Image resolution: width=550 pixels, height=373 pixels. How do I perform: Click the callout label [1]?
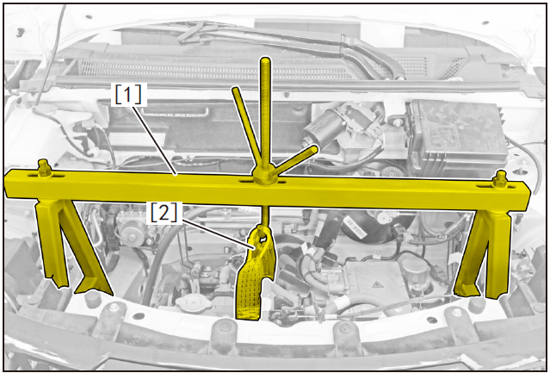tap(128, 94)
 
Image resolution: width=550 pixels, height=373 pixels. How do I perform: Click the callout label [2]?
tap(164, 212)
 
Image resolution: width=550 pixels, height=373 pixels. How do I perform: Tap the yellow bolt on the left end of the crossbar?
tap(44, 168)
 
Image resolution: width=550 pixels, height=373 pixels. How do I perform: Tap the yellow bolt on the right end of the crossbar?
tap(500, 179)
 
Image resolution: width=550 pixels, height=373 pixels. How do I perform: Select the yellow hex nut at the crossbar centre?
tap(263, 176)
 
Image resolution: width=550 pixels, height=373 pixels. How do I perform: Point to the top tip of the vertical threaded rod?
tap(265, 59)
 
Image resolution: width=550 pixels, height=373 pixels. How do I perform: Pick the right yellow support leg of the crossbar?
tap(484, 253)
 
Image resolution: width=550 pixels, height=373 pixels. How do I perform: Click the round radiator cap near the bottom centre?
tap(193, 302)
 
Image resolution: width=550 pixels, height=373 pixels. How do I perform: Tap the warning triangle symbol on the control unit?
tap(376, 284)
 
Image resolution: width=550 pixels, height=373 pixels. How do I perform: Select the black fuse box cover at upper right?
tap(456, 133)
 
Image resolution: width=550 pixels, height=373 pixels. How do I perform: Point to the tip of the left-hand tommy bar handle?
tap(235, 90)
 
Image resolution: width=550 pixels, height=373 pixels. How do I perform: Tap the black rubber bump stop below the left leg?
tap(92, 299)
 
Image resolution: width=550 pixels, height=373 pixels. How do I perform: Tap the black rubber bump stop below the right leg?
tap(477, 305)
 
